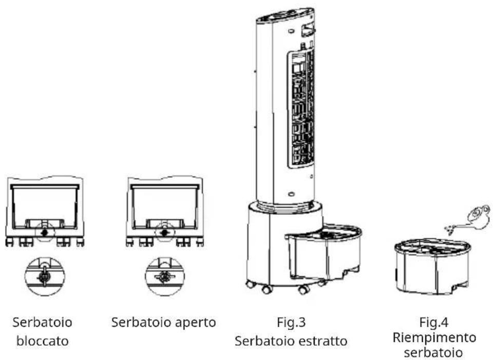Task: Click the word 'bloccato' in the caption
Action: tap(43, 341)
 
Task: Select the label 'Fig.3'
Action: tap(291, 322)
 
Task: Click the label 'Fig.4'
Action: tap(433, 322)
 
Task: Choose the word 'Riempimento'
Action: tap(434, 337)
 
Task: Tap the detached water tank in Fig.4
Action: tap(432, 266)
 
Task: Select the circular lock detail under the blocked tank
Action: tap(45, 276)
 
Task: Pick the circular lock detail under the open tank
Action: tap(165, 276)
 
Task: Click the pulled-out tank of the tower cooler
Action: tap(324, 252)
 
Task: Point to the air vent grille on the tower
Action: tap(301, 109)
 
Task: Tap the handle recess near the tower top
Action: tap(308, 30)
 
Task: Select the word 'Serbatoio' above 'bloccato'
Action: tap(43, 322)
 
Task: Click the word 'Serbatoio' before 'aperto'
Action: tap(141, 322)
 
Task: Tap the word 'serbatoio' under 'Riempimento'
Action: tap(433, 352)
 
